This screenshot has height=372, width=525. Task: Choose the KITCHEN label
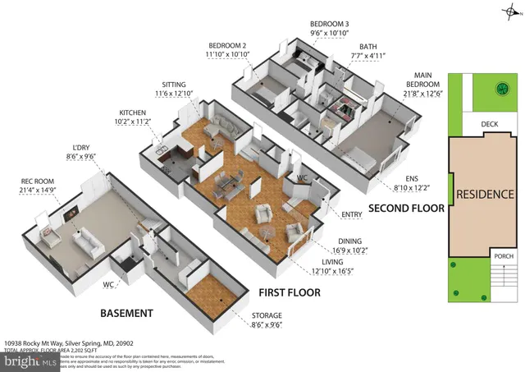[133, 114]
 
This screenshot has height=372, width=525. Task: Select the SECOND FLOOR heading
[405, 209]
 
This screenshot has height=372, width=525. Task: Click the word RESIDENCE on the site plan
[485, 195]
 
